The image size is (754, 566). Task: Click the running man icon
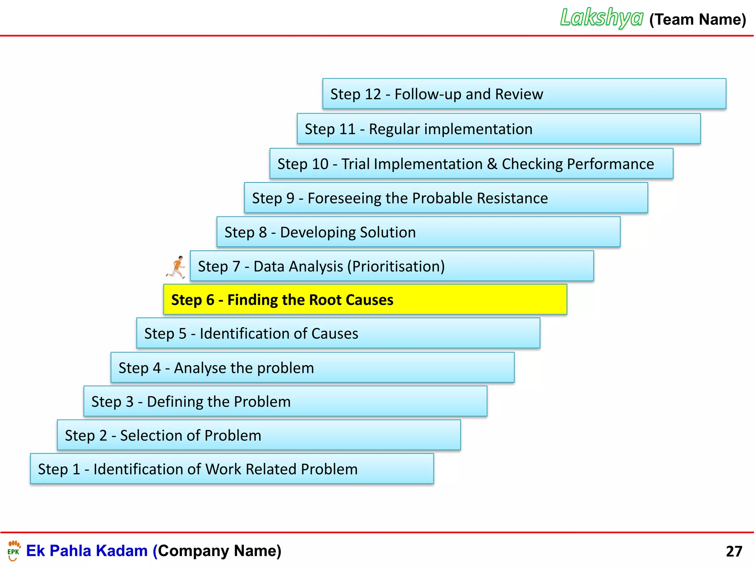[x=176, y=267]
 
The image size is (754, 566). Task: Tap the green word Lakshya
[x=602, y=18]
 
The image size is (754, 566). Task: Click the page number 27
[x=734, y=551]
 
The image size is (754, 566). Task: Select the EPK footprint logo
[x=14, y=551]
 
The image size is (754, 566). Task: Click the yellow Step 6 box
[x=365, y=299]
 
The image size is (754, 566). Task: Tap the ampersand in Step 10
[x=492, y=164]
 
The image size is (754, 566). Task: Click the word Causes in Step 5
[x=335, y=334]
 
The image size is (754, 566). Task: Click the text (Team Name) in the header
[x=697, y=20]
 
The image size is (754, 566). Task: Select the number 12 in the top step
[x=373, y=94]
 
